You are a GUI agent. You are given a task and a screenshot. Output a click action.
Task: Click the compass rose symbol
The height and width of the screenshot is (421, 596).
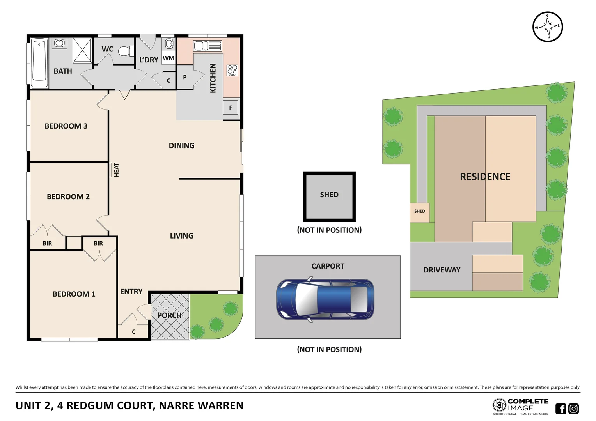point(548,27)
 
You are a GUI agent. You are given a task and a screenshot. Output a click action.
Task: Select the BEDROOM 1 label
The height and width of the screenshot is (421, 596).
point(74,294)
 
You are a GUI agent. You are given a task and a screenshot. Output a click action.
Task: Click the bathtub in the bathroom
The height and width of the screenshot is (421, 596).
point(39,62)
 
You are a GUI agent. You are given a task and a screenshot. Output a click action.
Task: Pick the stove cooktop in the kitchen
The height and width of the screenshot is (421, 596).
point(232,70)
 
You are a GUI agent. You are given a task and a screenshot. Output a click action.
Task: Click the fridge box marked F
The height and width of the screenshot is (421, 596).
point(231,108)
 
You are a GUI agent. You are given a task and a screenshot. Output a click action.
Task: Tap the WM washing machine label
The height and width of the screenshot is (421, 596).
point(169,58)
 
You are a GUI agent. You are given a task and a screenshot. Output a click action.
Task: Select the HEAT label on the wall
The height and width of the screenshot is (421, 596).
point(116,170)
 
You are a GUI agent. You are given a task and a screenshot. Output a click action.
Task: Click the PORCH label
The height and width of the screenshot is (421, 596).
point(169,315)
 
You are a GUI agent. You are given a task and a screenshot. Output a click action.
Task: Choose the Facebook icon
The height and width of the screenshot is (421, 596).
point(561,409)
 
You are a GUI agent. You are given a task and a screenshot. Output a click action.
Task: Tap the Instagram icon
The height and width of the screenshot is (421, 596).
point(574,409)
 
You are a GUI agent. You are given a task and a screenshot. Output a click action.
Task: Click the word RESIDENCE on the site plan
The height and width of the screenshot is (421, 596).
point(485,177)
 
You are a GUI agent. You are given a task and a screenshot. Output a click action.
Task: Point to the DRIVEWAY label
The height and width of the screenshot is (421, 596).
point(442,270)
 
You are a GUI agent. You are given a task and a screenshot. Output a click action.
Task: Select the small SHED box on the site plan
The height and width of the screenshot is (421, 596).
point(420,212)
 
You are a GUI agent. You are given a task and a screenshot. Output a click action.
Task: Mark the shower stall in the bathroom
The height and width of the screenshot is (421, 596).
point(82,50)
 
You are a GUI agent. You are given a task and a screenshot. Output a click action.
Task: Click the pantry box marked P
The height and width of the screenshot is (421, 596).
point(185,77)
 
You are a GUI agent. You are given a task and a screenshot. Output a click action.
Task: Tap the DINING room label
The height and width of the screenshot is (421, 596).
point(181,145)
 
